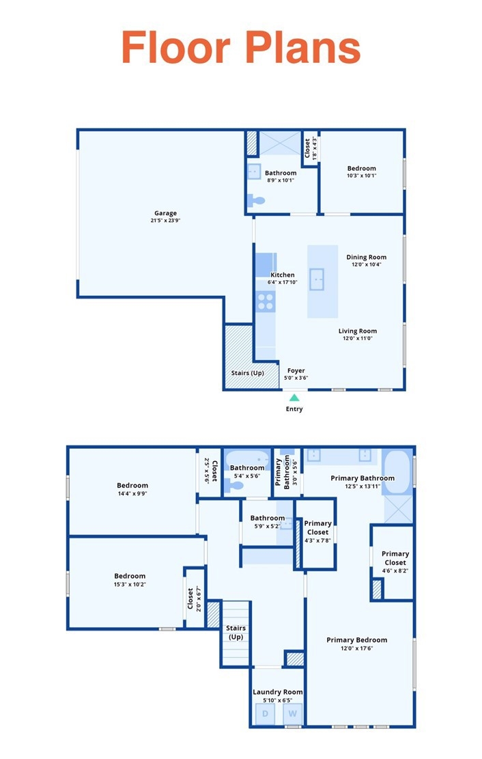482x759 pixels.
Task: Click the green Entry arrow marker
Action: click(x=294, y=398)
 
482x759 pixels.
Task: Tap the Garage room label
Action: click(x=165, y=213)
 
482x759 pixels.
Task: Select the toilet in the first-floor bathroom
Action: click(x=255, y=200)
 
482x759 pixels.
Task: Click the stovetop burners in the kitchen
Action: click(x=265, y=301)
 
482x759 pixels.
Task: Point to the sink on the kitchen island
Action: click(x=317, y=280)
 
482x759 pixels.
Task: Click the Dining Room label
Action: click(x=367, y=257)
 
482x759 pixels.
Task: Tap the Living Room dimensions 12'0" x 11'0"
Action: click(x=358, y=338)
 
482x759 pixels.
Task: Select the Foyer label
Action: click(x=296, y=370)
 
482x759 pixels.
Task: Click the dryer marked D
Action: click(x=265, y=713)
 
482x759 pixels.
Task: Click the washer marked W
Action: click(x=292, y=713)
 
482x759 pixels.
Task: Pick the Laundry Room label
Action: click(x=278, y=692)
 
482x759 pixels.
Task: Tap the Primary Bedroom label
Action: click(x=356, y=640)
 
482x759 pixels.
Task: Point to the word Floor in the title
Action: click(x=175, y=47)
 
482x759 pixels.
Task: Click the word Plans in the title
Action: click(x=302, y=47)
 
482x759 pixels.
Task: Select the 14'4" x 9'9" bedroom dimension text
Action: click(x=132, y=494)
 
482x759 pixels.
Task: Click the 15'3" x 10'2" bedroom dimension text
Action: click(x=130, y=584)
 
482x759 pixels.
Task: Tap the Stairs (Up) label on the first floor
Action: click(x=247, y=373)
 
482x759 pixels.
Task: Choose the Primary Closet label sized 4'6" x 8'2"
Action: click(x=395, y=558)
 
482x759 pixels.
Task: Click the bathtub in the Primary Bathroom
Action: click(x=397, y=473)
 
